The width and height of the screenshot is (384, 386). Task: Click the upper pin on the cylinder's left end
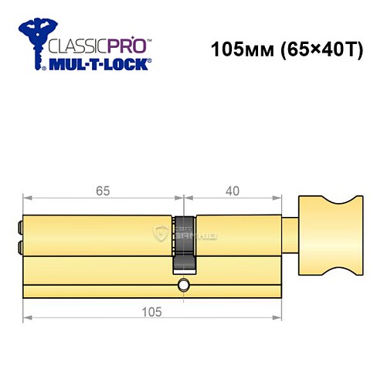[19, 227]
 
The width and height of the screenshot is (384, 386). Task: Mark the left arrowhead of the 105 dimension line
[26, 317]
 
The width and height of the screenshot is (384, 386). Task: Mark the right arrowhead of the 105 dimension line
[280, 317]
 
